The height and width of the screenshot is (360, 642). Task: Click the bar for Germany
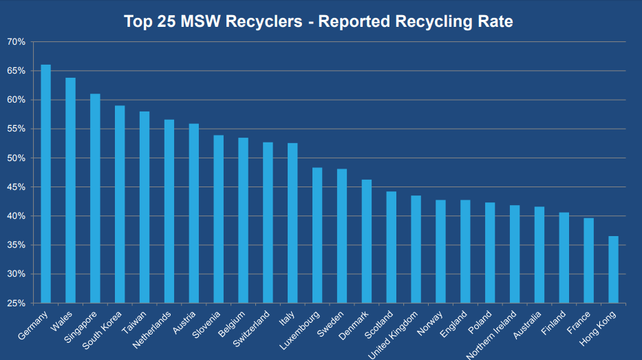(x=45, y=184)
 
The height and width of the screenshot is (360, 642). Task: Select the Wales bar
(x=70, y=190)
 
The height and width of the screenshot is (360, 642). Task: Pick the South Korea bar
(x=120, y=204)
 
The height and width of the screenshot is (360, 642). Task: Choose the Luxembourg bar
(x=317, y=235)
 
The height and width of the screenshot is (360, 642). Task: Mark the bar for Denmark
(x=367, y=241)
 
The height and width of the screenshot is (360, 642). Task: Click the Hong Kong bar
(x=613, y=269)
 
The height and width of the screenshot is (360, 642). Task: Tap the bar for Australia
(x=539, y=255)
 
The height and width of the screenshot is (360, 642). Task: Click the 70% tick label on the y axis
(x=16, y=42)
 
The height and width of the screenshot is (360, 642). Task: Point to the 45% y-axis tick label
(x=16, y=187)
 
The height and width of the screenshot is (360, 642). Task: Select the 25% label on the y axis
(x=16, y=303)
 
